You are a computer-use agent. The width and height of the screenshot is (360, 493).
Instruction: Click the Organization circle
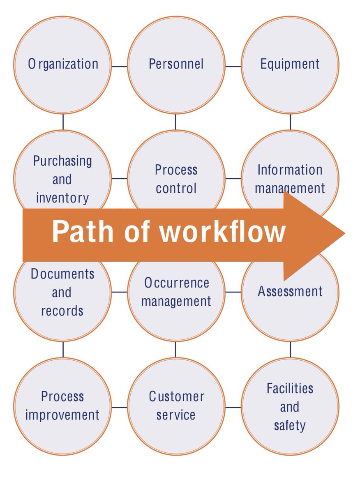click(x=62, y=65)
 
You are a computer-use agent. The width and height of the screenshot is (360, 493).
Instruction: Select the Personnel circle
click(x=176, y=65)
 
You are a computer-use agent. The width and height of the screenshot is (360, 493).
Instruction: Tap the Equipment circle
click(x=290, y=65)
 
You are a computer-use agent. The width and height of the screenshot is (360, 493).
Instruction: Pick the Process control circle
click(x=176, y=179)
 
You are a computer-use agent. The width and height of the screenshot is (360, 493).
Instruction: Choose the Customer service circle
click(x=176, y=406)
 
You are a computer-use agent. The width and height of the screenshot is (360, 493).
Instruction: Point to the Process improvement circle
click(x=62, y=406)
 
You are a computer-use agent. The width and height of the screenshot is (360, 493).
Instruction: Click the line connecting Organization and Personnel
click(x=119, y=66)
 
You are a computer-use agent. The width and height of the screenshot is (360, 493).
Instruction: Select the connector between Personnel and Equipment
click(x=233, y=66)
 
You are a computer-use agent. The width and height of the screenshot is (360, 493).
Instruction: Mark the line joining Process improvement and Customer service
click(x=119, y=408)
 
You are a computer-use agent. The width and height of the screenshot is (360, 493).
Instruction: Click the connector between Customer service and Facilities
click(x=233, y=408)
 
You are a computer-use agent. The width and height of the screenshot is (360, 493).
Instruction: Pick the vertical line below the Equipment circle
click(x=290, y=122)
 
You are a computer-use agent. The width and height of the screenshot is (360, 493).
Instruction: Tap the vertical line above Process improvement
click(x=63, y=349)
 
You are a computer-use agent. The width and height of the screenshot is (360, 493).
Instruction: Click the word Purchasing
click(x=62, y=161)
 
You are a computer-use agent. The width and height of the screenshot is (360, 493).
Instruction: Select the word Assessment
click(x=290, y=292)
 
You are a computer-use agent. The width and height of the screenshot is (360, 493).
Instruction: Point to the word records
click(x=62, y=311)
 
